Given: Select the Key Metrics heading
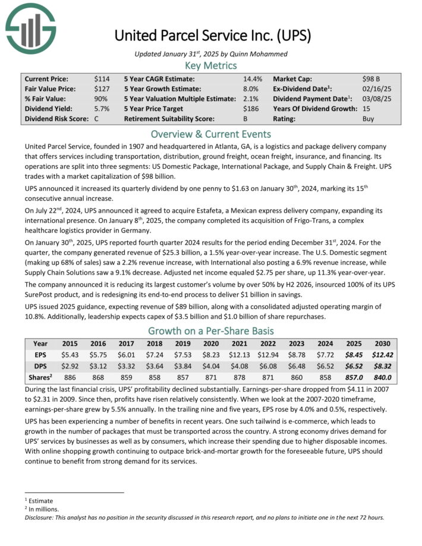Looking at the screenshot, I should (x=211, y=65).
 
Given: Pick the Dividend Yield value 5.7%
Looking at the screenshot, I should (x=102, y=109).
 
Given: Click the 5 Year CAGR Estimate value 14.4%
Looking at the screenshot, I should (x=253, y=78).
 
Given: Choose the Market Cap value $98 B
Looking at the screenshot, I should (x=371, y=78).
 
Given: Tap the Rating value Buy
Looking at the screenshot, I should (x=369, y=119).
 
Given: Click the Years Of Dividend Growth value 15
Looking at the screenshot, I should (x=366, y=109).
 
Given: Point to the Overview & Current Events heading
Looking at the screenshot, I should (x=211, y=134).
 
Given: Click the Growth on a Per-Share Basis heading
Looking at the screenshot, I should (x=211, y=330).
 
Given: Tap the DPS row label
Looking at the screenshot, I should (x=40, y=366).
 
